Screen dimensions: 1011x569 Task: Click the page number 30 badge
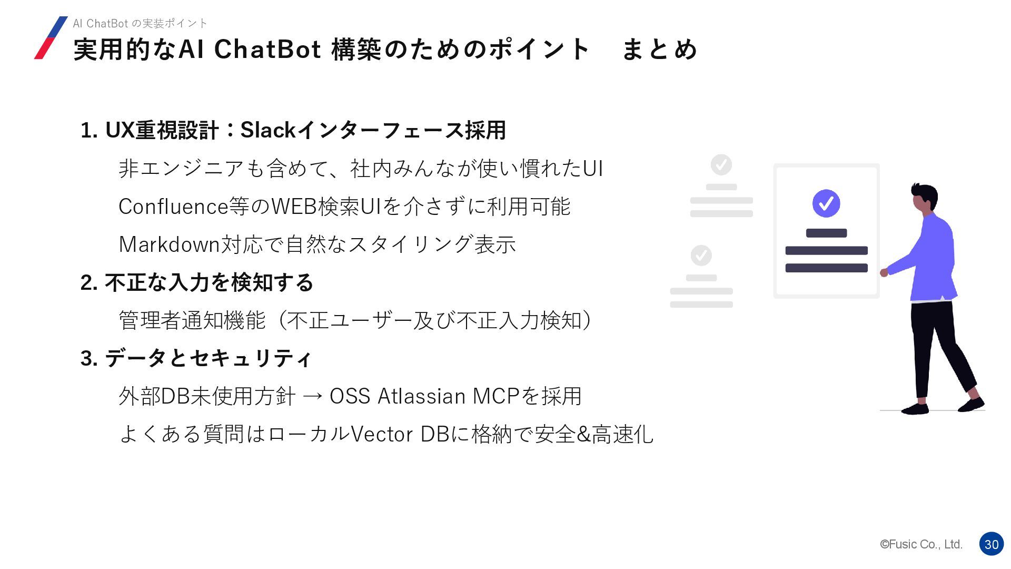991,544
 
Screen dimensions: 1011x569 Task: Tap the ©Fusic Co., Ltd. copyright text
921,544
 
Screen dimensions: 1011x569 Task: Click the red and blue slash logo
51,38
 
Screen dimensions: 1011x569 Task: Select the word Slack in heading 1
267,130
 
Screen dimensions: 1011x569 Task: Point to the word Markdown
169,244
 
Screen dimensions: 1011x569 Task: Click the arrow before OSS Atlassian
313,397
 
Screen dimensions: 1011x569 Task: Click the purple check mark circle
826,203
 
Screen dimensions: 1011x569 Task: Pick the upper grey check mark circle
721,165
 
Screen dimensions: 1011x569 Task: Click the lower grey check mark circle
701,256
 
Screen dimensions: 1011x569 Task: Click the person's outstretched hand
884,272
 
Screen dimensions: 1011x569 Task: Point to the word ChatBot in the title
267,50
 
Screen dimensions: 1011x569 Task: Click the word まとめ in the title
659,50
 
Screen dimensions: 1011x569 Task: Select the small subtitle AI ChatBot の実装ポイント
140,23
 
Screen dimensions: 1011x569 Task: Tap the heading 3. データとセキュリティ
196,358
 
